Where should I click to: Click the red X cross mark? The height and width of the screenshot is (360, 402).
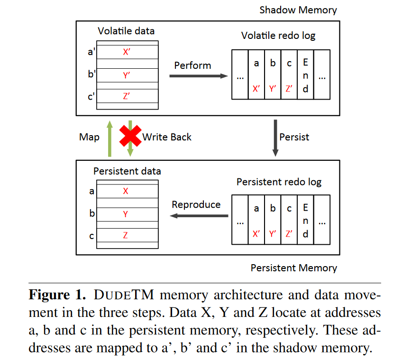pyautogui.click(x=130, y=136)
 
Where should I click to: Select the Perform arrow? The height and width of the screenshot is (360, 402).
pyautogui.click(x=199, y=76)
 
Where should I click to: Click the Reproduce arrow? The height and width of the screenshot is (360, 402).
pyautogui.click(x=199, y=216)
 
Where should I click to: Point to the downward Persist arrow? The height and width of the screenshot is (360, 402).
pyautogui.click(x=275, y=138)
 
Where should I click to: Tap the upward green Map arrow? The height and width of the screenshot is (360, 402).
pyautogui.click(x=110, y=138)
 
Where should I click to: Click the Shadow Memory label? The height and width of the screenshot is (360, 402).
pyautogui.click(x=298, y=10)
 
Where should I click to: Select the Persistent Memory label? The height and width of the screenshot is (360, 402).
pyautogui.click(x=294, y=268)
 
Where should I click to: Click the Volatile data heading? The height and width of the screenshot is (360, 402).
pyautogui.click(x=126, y=31)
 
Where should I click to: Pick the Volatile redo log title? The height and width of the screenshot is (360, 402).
pyautogui.click(x=278, y=36)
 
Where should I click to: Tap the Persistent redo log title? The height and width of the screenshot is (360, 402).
pyautogui.click(x=279, y=182)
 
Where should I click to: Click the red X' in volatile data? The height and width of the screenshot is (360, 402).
pyautogui.click(x=127, y=52)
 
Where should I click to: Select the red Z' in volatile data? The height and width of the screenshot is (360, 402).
pyautogui.click(x=127, y=96)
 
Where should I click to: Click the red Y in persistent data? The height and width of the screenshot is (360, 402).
pyautogui.click(x=125, y=214)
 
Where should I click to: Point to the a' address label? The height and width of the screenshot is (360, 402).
pyautogui.click(x=91, y=52)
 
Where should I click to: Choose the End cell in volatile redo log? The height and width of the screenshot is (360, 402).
pyautogui.click(x=305, y=74)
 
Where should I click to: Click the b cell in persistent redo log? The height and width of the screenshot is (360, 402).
pyautogui.click(x=273, y=220)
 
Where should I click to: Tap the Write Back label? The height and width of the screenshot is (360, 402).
pyautogui.click(x=167, y=137)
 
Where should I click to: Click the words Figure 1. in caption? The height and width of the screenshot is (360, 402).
pyautogui.click(x=57, y=295)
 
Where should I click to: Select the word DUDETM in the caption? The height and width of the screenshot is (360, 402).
pyautogui.click(x=124, y=295)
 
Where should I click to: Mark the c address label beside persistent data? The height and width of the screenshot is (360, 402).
pyautogui.click(x=91, y=236)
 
